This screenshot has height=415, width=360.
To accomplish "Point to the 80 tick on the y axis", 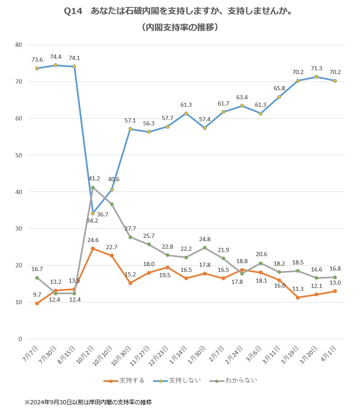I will tap(19, 45).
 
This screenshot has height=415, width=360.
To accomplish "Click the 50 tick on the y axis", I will tap(19, 155).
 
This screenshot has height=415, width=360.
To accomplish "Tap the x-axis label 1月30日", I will tap(200, 354).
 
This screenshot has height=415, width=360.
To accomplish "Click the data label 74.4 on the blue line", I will tap(56, 57).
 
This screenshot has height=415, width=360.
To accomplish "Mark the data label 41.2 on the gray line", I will tap(95, 179).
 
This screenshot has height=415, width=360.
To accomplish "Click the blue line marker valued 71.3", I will tap(316, 77).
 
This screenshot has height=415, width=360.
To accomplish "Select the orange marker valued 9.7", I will tap(37, 303).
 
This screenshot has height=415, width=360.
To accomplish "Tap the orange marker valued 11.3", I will tap(298, 297).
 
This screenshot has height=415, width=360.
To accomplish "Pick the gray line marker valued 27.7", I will tap(130, 237).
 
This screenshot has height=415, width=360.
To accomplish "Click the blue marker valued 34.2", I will tap(93, 213).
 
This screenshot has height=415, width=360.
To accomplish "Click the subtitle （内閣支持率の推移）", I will tap(179, 28).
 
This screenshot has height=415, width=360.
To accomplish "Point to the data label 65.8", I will tap(279, 88).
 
